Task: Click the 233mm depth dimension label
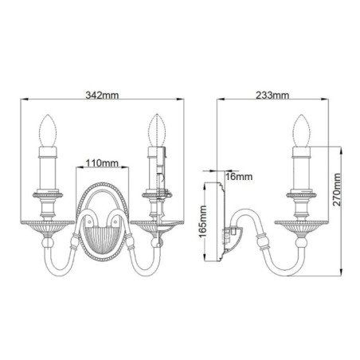pyautogui.click(x=273, y=94)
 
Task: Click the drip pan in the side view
pyautogui.click(x=302, y=222)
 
